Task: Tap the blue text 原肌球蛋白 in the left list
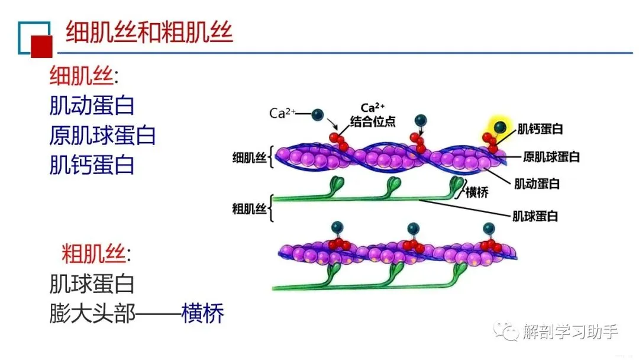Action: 102,135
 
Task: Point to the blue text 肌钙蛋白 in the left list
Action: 92,164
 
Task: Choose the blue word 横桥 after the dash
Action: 203,313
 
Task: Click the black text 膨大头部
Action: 92,313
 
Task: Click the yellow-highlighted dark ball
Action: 501,126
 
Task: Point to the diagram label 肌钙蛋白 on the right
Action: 540,128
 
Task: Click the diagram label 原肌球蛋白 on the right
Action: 551,157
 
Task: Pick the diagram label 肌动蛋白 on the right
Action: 537,184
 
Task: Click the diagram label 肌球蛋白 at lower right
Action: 535,216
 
